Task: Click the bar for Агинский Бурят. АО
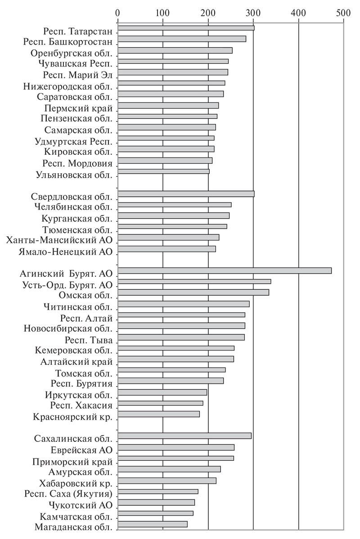tap(224, 270)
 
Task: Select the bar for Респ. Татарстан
tap(185, 28)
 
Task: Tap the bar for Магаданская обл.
tap(152, 524)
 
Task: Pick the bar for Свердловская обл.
tap(185, 194)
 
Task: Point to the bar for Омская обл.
tap(193, 292)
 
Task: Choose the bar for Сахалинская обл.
tap(184, 436)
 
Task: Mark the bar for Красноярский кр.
tap(158, 414)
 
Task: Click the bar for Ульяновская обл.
tap(163, 171)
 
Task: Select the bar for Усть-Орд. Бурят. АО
tap(194, 282)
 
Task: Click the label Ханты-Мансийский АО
tap(59, 240)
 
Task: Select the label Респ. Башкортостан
tap(68, 42)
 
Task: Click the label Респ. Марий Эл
tap(78, 75)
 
